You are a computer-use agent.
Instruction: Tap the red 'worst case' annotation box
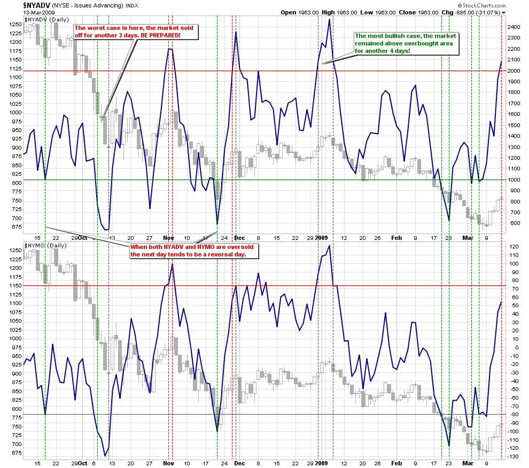coord(135,32)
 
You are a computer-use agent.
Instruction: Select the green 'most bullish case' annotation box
coord(384,43)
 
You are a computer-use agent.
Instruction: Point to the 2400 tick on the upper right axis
coord(514,27)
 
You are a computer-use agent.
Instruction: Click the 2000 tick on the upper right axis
coord(514,71)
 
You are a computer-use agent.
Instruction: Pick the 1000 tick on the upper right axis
coord(514,180)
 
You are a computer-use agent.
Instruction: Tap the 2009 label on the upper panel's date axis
coord(321,238)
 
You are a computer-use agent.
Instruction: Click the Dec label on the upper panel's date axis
coord(239,238)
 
